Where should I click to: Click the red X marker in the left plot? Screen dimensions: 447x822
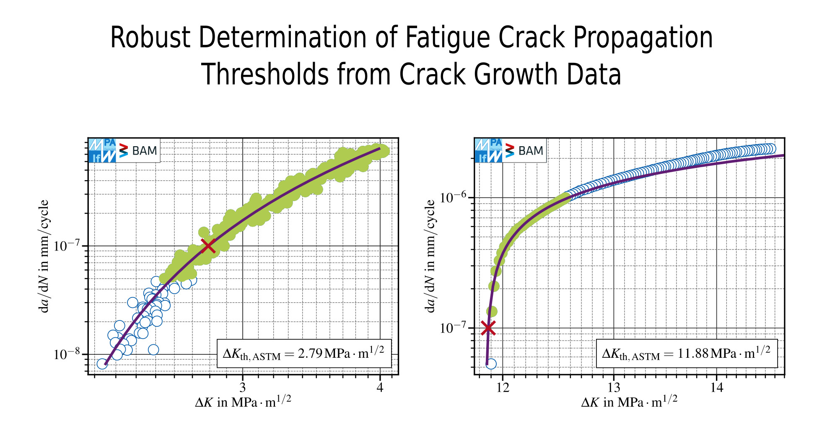[208, 246]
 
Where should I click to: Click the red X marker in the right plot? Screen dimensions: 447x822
[488, 328]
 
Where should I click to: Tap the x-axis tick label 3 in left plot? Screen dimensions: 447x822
[242, 388]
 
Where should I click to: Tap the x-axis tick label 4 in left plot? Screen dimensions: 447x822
[380, 388]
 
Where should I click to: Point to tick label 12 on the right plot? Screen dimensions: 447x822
[502, 388]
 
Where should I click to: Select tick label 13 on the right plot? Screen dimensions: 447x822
[614, 388]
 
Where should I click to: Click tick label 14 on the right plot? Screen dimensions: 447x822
[716, 388]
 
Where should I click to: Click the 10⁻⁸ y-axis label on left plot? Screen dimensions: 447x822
[67, 354]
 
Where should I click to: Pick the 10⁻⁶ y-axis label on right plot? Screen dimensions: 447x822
[453, 197]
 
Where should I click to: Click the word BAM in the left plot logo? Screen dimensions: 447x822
[144, 151]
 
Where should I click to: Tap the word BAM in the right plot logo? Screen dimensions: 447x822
[530, 151]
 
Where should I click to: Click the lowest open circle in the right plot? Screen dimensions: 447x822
[491, 364]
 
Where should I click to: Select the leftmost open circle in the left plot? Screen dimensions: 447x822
[102, 364]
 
